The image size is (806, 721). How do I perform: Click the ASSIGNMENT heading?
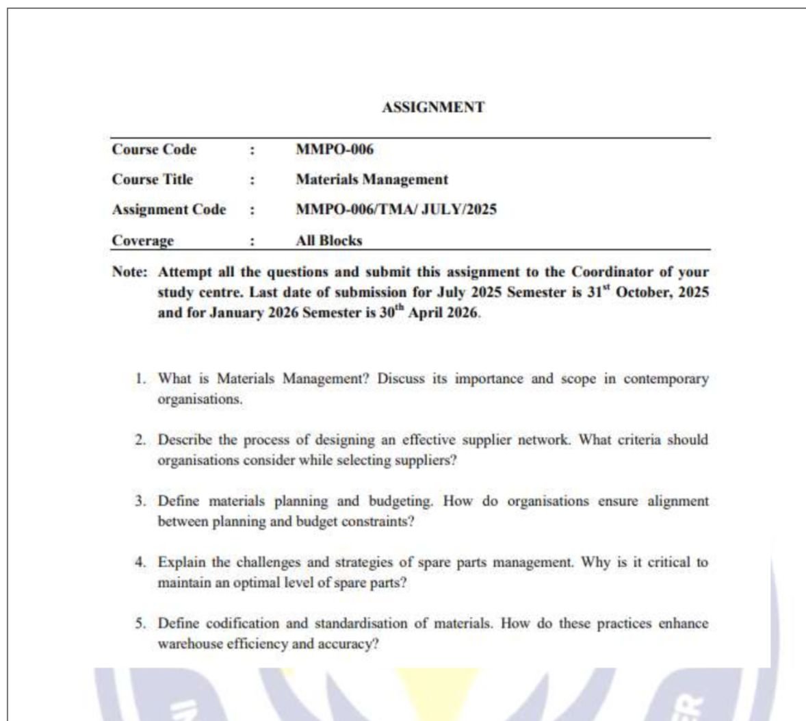[x=433, y=107]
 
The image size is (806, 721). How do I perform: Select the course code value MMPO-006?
[x=335, y=149]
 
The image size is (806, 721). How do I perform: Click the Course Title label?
[x=152, y=179]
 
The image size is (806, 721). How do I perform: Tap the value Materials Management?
[x=372, y=179]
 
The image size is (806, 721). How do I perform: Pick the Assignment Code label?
[x=168, y=210]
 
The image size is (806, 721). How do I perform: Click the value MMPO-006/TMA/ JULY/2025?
[x=395, y=210]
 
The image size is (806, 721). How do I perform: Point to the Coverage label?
[x=142, y=240]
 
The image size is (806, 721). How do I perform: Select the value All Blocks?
[x=328, y=240]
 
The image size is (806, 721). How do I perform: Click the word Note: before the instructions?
[x=129, y=272]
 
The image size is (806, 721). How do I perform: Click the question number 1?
[x=140, y=379]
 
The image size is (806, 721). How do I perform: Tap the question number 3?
[x=140, y=501]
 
